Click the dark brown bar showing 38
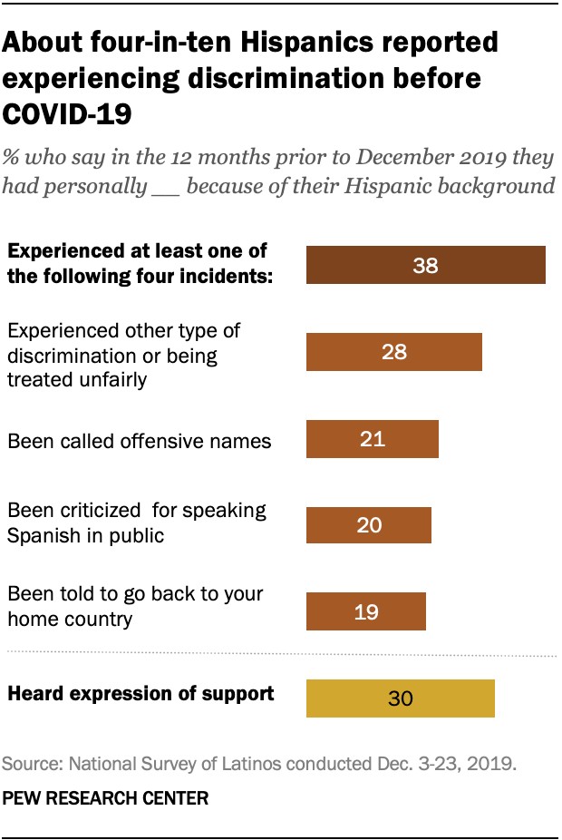click(x=426, y=265)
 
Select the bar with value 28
click(x=393, y=352)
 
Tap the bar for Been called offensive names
click(x=373, y=439)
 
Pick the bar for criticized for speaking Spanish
click(x=369, y=525)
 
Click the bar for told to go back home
click(x=366, y=611)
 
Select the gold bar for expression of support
click(x=401, y=698)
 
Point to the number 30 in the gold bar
click(x=401, y=698)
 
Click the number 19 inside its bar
click(x=366, y=611)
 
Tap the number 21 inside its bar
click(x=373, y=439)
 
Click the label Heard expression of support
click(x=140, y=694)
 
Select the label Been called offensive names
click(x=139, y=441)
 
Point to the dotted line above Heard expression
click(x=281, y=654)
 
